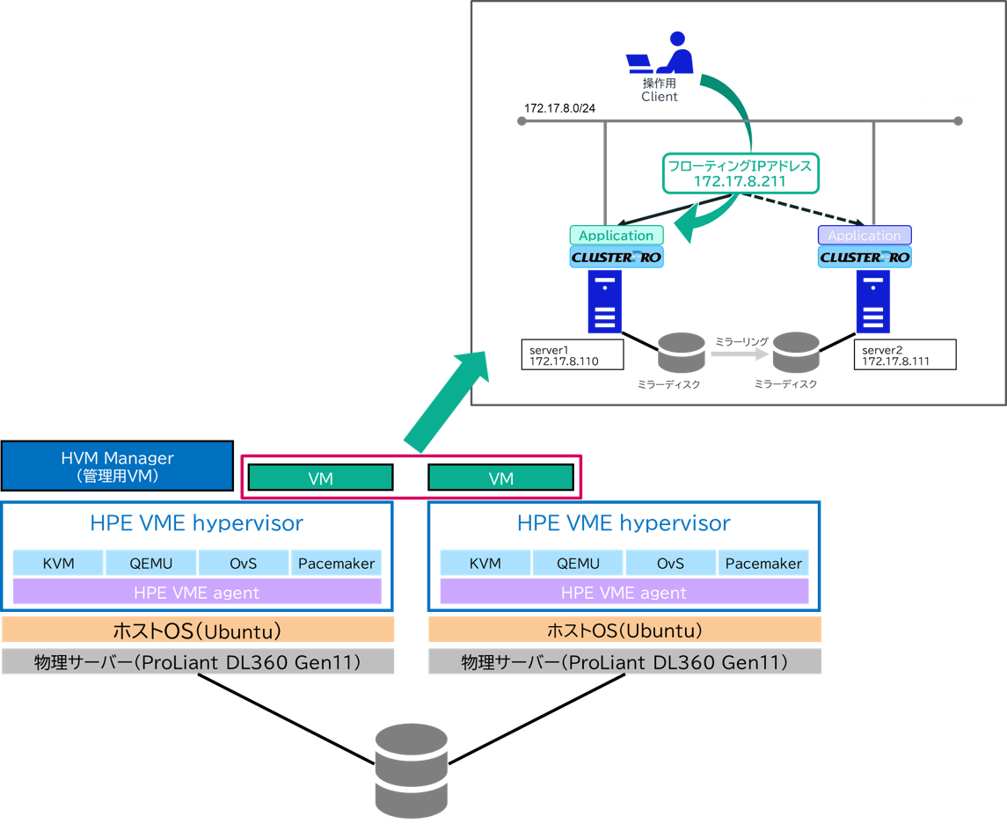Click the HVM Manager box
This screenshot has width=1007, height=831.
pyautogui.click(x=117, y=466)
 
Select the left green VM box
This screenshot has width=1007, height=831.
pyautogui.click(x=320, y=477)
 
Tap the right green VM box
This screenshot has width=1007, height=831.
pyautogui.click(x=500, y=477)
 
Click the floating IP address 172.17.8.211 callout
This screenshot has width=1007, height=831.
pyautogui.click(x=740, y=173)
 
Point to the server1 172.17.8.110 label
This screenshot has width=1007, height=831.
pyautogui.click(x=571, y=355)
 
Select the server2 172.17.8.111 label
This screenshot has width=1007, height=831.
pyautogui.click(x=903, y=355)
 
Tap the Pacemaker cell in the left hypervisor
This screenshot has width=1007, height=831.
pyautogui.click(x=336, y=564)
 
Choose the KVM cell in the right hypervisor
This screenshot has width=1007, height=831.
pyautogui.click(x=485, y=564)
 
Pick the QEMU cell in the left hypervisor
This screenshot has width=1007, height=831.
pyautogui.click(x=150, y=564)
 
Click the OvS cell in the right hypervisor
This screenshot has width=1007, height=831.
pyautogui.click(x=671, y=564)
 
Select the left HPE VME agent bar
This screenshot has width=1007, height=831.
pyautogui.click(x=197, y=592)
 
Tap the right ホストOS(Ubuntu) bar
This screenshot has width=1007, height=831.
pyautogui.click(x=624, y=630)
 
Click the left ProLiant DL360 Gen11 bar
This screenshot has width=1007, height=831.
pyautogui.click(x=198, y=661)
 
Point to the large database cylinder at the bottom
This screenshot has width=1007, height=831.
pyautogui.click(x=412, y=771)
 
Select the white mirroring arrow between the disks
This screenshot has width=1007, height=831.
pyautogui.click(x=740, y=354)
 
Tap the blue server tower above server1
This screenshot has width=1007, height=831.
pyautogui.click(x=605, y=301)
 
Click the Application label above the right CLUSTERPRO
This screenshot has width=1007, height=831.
pyautogui.click(x=865, y=235)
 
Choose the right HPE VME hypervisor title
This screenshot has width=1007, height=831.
pyautogui.click(x=624, y=523)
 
